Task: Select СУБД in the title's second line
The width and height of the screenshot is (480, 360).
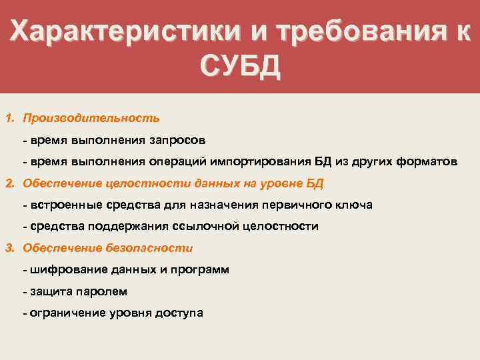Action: click(x=239, y=67)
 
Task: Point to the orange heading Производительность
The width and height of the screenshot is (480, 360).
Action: click(x=91, y=118)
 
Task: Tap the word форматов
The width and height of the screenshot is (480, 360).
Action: click(x=425, y=161)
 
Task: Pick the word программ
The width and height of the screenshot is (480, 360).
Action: click(x=199, y=269)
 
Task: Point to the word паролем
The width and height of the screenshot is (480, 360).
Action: click(x=103, y=291)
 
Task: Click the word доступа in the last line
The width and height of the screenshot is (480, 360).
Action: click(x=180, y=313)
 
